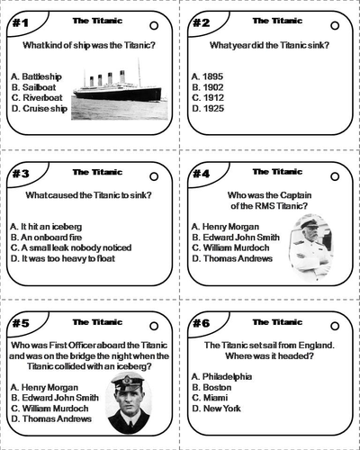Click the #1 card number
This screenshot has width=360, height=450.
pos(21,22)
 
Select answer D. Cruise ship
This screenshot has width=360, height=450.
pos(40,108)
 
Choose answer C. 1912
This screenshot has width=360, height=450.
pos(208,98)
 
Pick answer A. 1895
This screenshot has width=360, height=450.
pos(207,76)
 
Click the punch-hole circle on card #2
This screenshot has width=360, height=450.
pos(335,26)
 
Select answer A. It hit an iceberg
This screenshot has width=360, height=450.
pos(46,227)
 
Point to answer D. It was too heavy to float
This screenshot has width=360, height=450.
pos(63,258)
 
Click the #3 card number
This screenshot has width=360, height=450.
pos(21,174)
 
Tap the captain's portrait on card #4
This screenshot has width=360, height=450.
pos(311,247)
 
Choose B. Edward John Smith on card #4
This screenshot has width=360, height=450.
pos(236,238)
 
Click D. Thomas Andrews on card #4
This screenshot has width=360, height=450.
pos(232,258)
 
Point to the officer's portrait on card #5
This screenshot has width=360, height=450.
pos(129,402)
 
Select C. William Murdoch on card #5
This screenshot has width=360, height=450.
pos(49,409)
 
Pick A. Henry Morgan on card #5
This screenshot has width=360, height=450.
pos(44,387)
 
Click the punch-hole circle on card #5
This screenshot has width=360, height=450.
pos(154,326)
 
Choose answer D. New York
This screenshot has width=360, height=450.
pos(216,409)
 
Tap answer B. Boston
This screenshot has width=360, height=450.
pos(211,387)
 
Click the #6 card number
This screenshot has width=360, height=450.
pos(201,323)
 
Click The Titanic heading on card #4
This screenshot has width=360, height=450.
pos(277,172)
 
